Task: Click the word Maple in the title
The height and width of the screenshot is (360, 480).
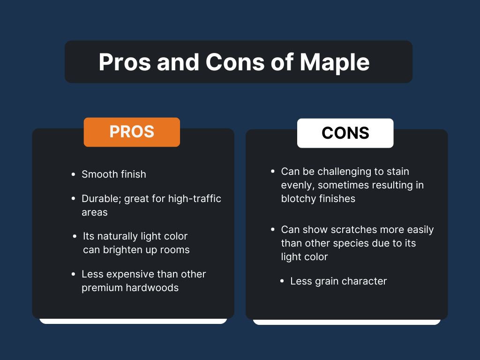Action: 335,62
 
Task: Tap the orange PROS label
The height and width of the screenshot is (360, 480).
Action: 132,132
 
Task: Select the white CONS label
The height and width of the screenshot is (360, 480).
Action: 345,133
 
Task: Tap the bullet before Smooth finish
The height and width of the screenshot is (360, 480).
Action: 73,174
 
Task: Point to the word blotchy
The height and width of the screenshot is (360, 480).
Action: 298,199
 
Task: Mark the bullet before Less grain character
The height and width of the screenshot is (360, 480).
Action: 282,281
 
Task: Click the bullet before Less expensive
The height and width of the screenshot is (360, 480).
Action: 73,274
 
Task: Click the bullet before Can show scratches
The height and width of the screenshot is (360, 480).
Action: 273,230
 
